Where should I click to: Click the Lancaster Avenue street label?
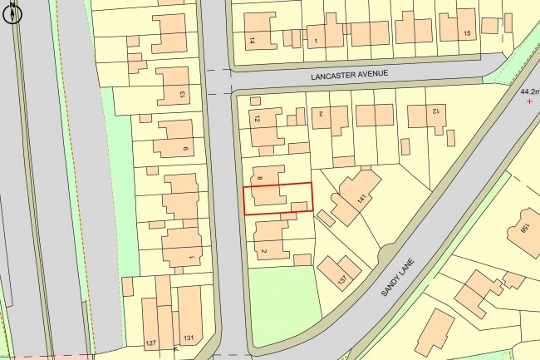coord(349,74)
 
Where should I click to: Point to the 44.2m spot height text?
coord(529,91)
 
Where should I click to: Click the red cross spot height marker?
coord(529,101)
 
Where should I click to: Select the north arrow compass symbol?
coord(12,15)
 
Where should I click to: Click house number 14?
coord(252,39)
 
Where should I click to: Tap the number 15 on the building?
coord(466,32)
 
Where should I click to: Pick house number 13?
coord(182,94)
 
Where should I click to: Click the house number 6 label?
coord(185,149)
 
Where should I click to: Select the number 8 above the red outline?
coord(260,178)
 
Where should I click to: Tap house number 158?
coord(525,228)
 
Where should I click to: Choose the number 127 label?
coord(150,343)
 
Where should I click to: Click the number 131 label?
coord(188,338)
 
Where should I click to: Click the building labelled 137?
coord(336,270)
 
